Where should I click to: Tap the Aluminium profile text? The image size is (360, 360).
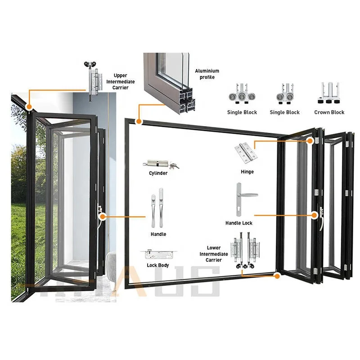click(207, 74)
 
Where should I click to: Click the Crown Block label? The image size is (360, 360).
click(329, 112)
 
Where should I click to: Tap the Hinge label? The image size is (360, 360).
click(247, 171)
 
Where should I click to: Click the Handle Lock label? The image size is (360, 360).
click(239, 223)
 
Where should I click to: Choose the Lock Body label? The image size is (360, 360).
click(157, 265)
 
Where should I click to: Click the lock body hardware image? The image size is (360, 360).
click(158, 254)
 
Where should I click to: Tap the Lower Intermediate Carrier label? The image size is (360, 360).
click(214, 254)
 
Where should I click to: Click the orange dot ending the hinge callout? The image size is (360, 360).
click(310, 141)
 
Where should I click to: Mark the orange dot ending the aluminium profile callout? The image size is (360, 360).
click(139, 121)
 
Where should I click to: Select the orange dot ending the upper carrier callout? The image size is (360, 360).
click(29, 108)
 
